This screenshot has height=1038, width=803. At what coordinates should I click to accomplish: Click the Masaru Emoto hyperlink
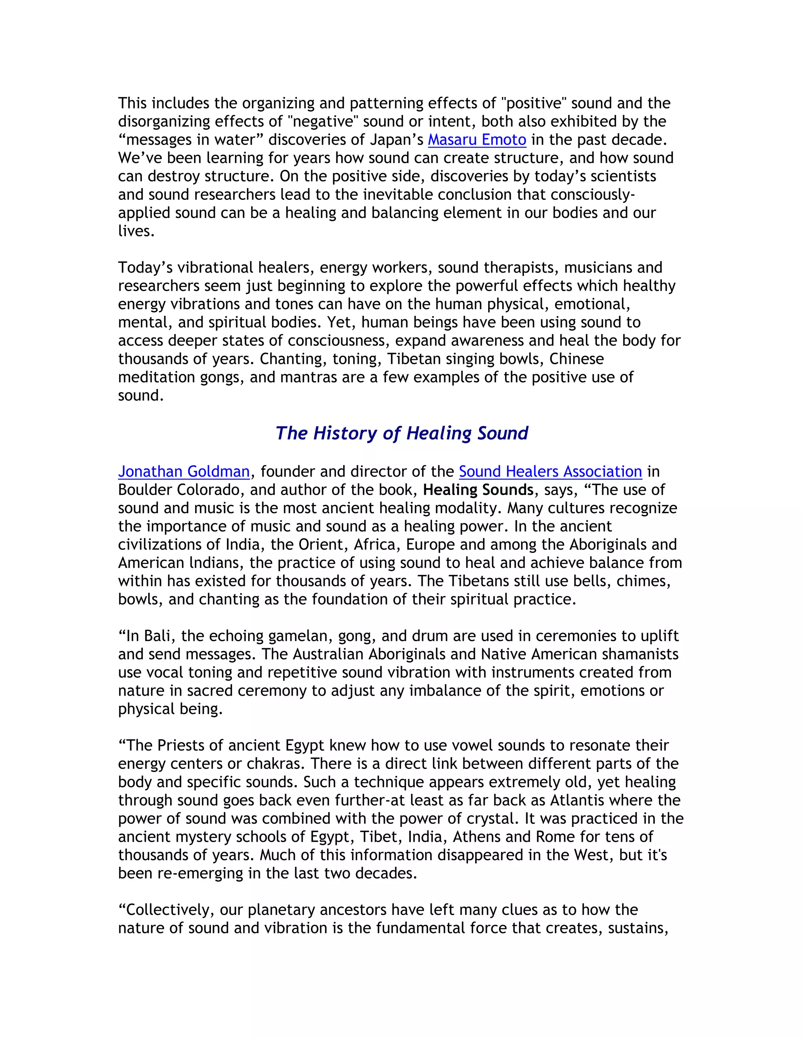click(x=477, y=140)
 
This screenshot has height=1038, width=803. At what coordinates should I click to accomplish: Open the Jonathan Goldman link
click(x=183, y=472)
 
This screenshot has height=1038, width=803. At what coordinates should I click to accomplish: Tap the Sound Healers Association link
click(x=550, y=472)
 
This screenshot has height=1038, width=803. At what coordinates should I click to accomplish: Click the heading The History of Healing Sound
click(x=401, y=433)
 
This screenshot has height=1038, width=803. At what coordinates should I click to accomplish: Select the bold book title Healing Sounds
click(x=478, y=490)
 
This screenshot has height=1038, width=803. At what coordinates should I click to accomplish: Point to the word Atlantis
click(x=577, y=800)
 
